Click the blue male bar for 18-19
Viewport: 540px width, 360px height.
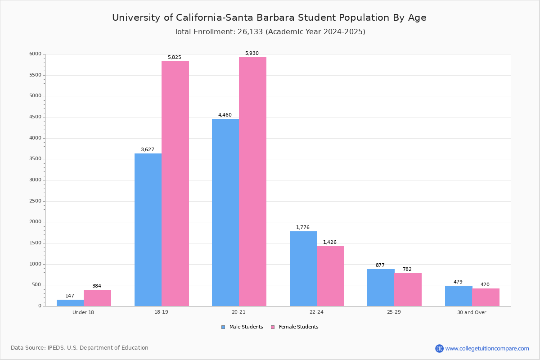pyautogui.click(x=148, y=229)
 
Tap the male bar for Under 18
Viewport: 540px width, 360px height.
pyautogui.click(x=70, y=303)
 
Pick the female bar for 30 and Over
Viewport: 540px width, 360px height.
pyautogui.click(x=486, y=297)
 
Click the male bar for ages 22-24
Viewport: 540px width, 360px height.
pyautogui.click(x=303, y=269)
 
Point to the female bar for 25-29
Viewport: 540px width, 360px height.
pyautogui.click(x=408, y=289)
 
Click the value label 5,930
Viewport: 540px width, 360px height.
pyautogui.click(x=252, y=54)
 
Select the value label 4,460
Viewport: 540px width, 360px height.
pyautogui.click(x=225, y=115)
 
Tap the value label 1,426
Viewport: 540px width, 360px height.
pyautogui.click(x=329, y=243)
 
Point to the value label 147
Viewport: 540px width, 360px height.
pyautogui.click(x=70, y=296)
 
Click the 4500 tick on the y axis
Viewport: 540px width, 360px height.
pyautogui.click(x=36, y=117)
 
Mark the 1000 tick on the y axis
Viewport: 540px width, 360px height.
pyautogui.click(x=36, y=264)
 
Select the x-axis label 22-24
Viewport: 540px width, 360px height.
pyautogui.click(x=316, y=312)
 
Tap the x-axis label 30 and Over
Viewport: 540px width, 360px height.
pyautogui.click(x=472, y=312)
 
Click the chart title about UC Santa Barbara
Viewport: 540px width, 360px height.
pyautogui.click(x=269, y=18)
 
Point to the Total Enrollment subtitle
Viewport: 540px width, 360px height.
pyautogui.click(x=270, y=32)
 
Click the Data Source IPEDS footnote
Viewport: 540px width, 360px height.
pyautogui.click(x=80, y=348)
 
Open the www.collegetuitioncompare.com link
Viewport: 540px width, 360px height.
pyautogui.click(x=487, y=348)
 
